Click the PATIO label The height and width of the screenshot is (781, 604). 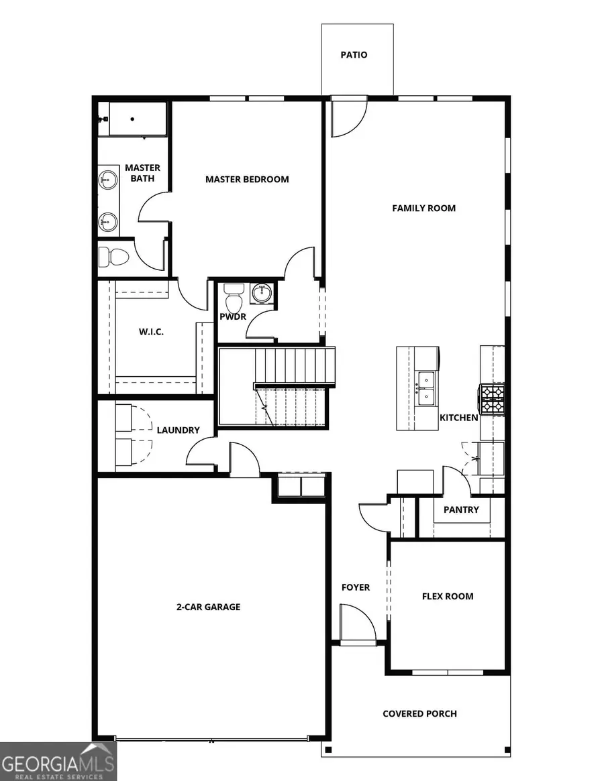click(x=354, y=55)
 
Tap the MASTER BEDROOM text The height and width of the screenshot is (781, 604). click(x=247, y=179)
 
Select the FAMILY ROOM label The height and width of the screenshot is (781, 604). click(x=423, y=208)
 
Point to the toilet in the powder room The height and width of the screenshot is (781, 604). click(x=234, y=295)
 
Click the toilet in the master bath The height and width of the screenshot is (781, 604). click(x=113, y=256)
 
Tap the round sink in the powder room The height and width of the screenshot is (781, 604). click(x=261, y=293)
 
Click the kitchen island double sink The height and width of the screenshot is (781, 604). click(x=424, y=389)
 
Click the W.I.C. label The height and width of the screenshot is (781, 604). click(x=151, y=332)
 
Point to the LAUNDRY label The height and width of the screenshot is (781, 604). click(x=178, y=430)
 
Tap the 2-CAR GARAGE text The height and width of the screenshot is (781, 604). click(x=208, y=607)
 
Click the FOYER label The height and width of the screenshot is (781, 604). click(x=356, y=587)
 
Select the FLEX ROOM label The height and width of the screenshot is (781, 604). click(x=448, y=596)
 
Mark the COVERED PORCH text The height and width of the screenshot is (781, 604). click(x=419, y=713)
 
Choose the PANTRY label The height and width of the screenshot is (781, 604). click(x=461, y=509)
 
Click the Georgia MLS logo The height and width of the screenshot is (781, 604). click(x=58, y=761)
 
